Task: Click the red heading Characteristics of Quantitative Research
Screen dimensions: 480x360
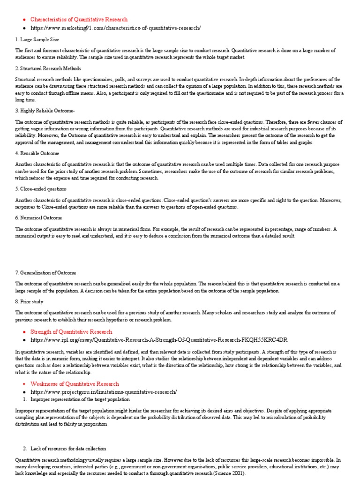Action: point(79,20)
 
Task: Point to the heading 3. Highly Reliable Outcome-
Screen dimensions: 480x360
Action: point(45,111)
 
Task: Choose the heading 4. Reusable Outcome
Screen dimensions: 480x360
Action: point(37,153)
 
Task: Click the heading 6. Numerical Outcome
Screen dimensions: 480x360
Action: point(38,218)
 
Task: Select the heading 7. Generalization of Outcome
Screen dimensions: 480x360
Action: point(45,272)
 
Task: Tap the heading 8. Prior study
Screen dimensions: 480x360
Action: point(29,302)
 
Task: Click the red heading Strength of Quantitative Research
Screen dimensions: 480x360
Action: point(71,332)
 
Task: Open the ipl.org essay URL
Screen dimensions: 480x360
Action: point(159,340)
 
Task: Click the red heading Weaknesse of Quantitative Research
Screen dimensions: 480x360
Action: point(75,384)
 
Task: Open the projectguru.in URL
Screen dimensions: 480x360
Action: point(104,392)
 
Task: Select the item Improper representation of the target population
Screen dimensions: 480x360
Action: point(80,399)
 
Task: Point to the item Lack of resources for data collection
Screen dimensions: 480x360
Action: point(68,449)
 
